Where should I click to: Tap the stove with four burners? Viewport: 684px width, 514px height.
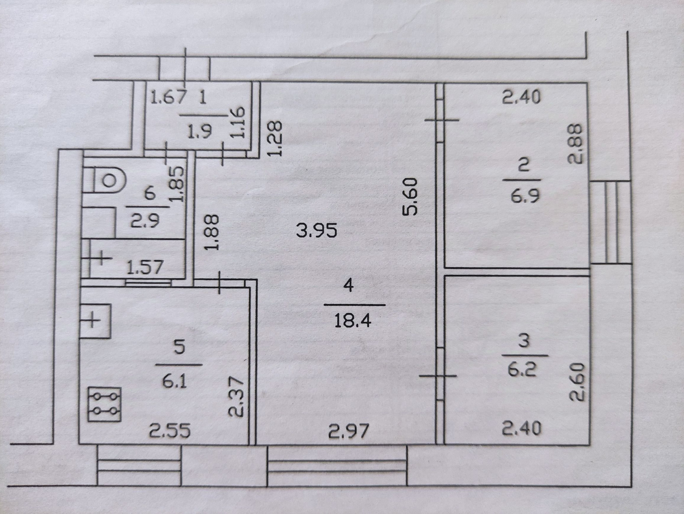[x=104, y=404]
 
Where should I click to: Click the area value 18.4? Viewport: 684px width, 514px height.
[x=353, y=320]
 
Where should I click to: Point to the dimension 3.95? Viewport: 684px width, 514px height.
[x=316, y=231]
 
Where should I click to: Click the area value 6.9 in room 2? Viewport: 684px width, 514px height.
[x=525, y=196]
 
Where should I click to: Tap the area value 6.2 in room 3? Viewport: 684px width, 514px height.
[x=522, y=370]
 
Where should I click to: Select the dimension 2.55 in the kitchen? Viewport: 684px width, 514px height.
[x=170, y=430]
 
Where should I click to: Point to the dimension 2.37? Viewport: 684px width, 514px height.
[x=236, y=397]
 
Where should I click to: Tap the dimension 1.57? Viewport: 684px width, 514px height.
[x=145, y=267]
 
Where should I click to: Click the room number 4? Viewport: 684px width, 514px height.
[x=348, y=285]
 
